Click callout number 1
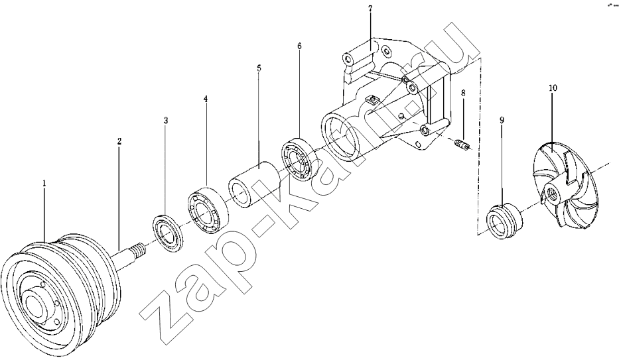tap(44, 183)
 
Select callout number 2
tap(119, 141)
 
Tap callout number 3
tap(166, 120)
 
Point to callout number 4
tap(205, 98)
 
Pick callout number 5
tap(259, 68)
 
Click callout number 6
tap(299, 46)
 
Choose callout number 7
tap(370, 9)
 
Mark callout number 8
tap(463, 93)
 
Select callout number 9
tap(502, 120)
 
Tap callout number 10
tap(553, 88)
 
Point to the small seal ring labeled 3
tap(168, 233)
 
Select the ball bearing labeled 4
tap(206, 209)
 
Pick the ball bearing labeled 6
tap(300, 158)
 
